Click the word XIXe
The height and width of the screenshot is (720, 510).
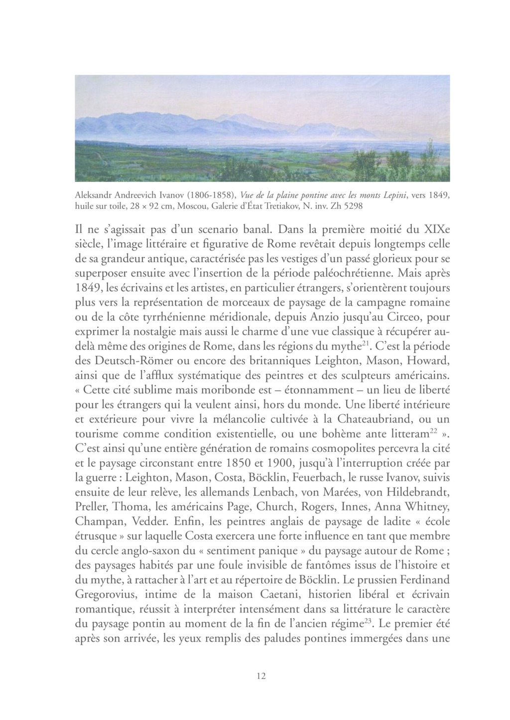[436, 230]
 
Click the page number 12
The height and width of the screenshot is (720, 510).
[261, 676]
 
